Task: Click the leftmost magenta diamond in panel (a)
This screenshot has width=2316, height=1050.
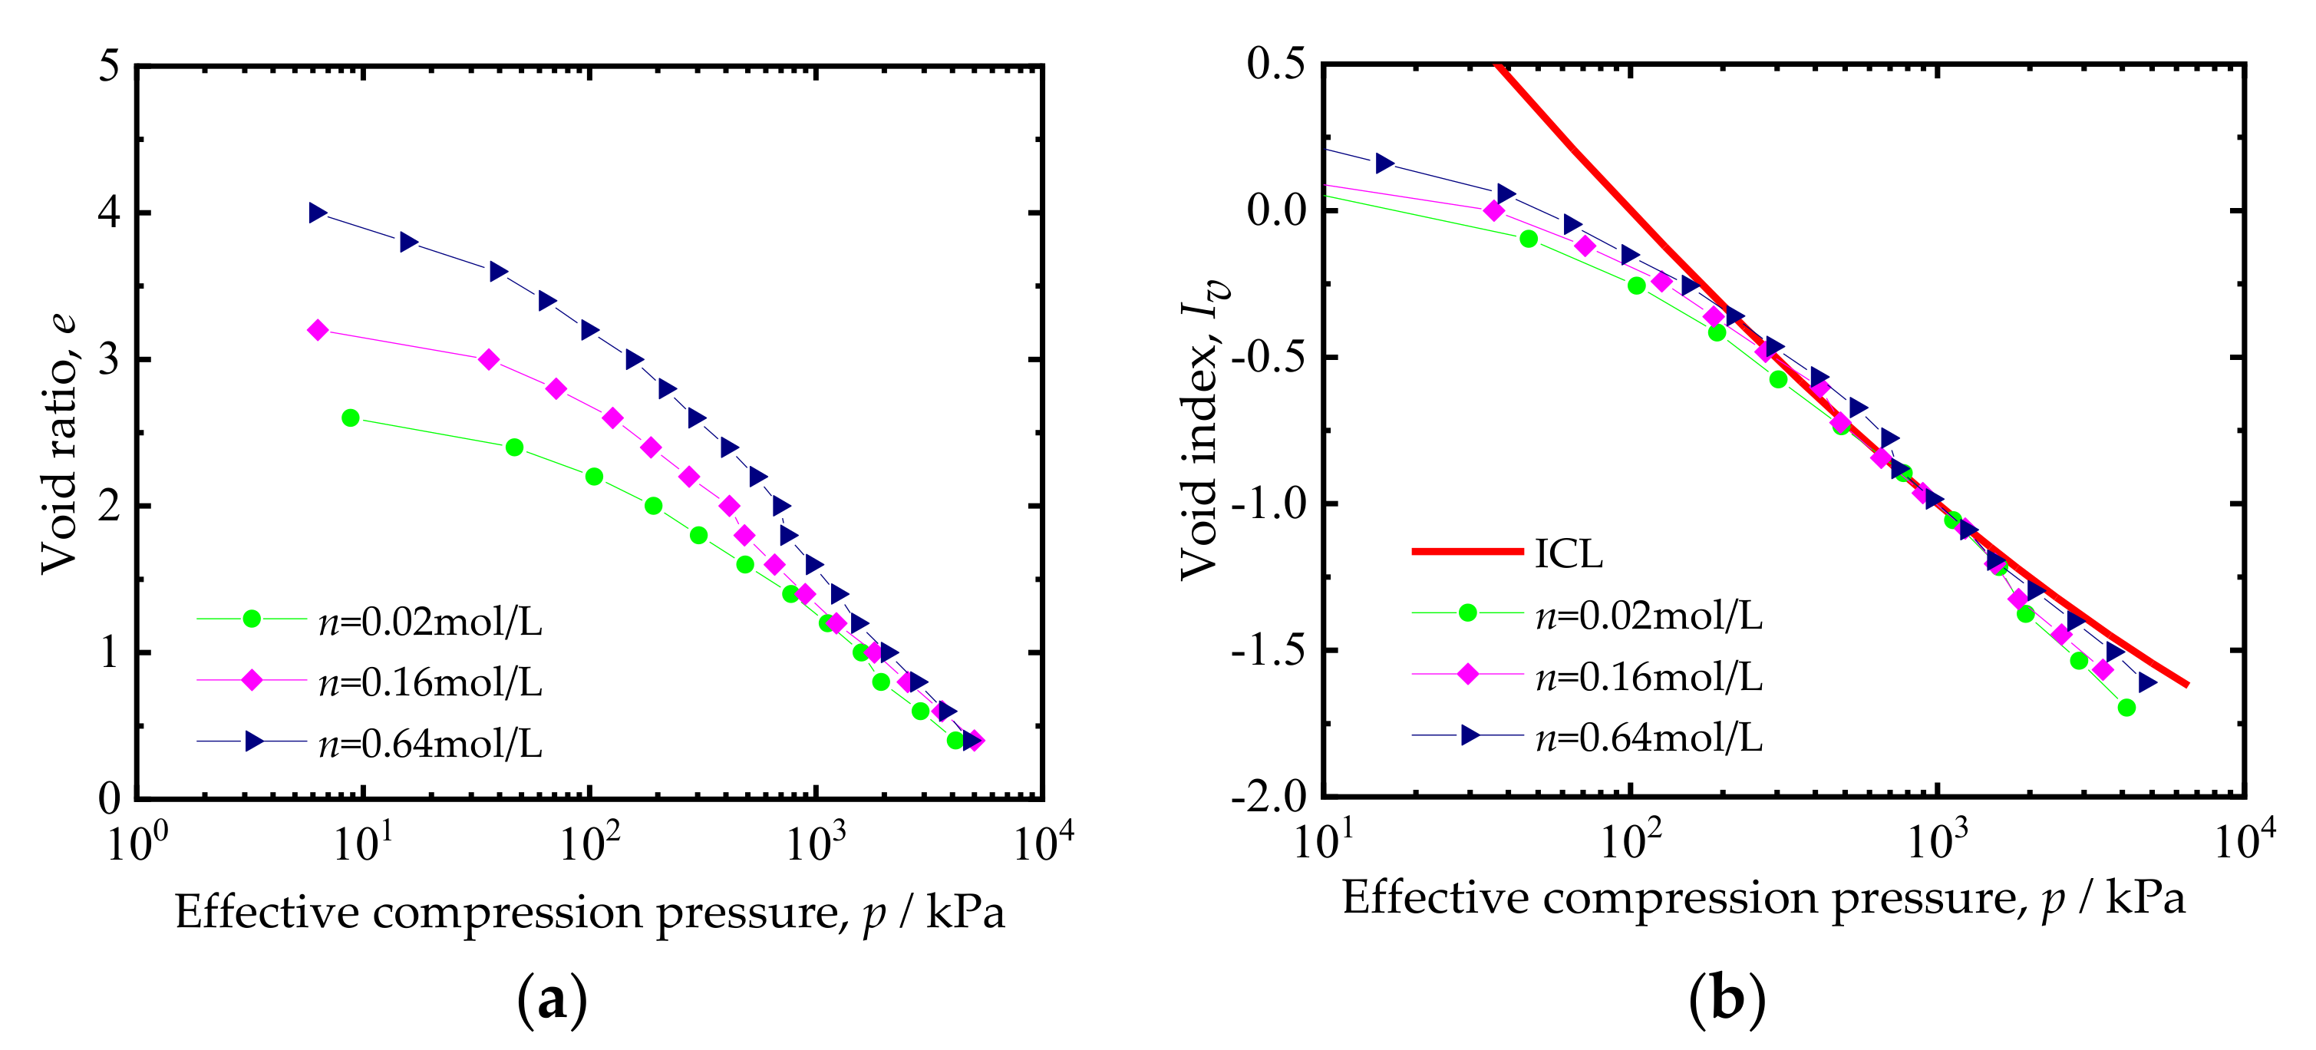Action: [318, 330]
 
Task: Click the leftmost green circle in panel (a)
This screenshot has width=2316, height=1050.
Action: [351, 418]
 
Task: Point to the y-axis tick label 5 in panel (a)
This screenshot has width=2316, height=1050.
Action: [110, 66]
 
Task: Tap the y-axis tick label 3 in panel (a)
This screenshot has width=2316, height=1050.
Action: [110, 359]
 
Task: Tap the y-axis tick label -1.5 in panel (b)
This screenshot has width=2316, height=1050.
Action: [1269, 651]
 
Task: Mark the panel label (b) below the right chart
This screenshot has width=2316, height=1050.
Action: [1727, 999]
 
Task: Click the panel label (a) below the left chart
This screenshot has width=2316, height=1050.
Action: [552, 999]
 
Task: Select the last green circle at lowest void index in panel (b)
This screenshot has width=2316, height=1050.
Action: [2126, 708]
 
